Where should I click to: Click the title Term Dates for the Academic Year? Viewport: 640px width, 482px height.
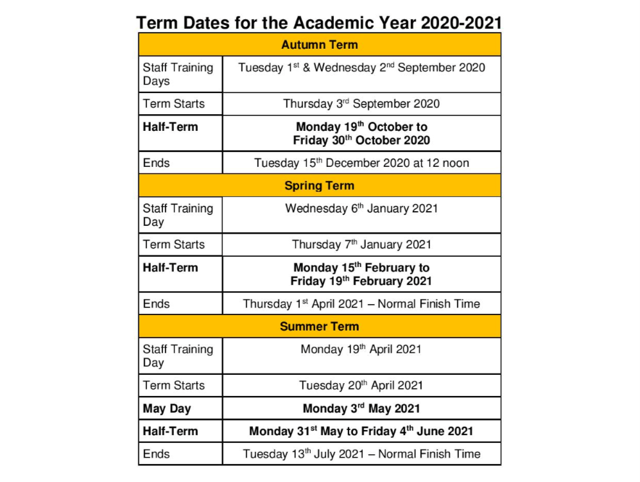319,22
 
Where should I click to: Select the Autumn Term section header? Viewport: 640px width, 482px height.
319,45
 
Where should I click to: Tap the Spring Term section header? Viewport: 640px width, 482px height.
319,185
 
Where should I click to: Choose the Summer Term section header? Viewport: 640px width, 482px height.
319,326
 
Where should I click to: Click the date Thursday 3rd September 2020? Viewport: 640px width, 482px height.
361,103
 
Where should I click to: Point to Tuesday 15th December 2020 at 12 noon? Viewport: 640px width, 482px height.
361,163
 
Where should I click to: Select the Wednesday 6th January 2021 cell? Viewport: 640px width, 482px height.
361,209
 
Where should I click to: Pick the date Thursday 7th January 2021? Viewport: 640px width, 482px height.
361,245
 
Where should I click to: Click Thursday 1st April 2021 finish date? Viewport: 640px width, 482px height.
361,304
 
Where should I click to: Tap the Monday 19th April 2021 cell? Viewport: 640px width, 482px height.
361,349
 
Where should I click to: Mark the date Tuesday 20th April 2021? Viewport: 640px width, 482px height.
361,386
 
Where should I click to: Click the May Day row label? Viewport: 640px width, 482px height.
167,409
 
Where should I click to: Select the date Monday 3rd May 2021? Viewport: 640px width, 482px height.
361,409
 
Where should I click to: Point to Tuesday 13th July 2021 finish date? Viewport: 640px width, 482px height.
361,454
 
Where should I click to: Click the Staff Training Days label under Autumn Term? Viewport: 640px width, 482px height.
178,74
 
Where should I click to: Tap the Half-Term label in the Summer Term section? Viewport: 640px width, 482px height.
170,431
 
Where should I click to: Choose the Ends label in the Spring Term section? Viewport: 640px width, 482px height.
156,304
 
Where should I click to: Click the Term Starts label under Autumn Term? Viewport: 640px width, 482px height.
173,103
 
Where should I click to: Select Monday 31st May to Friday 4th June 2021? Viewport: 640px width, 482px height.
361,431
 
